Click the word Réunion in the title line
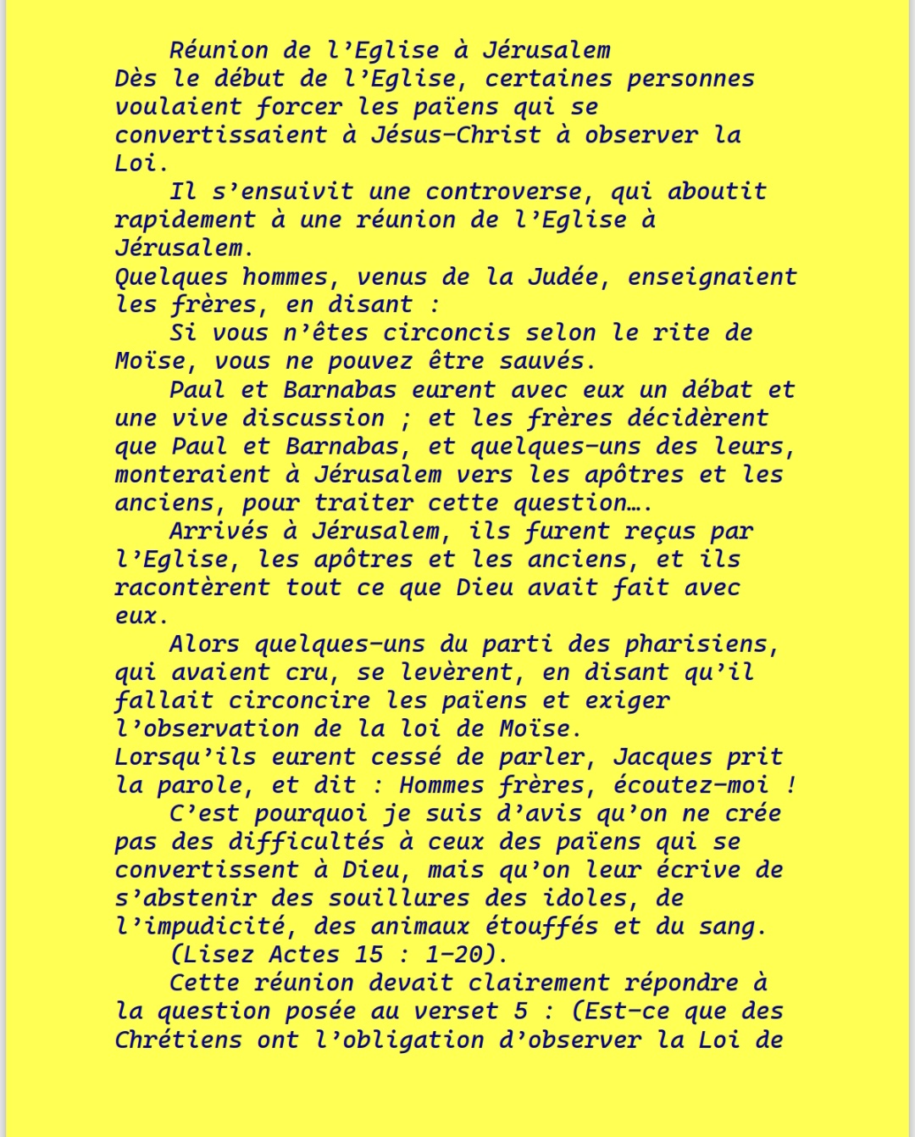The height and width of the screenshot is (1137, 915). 219,50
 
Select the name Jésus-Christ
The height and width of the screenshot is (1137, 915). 455,135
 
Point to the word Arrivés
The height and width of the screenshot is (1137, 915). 219,532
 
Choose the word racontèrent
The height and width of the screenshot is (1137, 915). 192,588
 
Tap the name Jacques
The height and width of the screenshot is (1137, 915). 662,757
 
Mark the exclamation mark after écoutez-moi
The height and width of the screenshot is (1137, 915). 790,785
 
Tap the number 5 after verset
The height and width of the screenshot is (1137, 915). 521,1012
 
